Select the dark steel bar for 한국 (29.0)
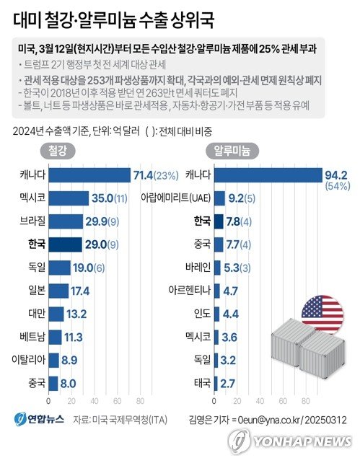[x=65, y=244]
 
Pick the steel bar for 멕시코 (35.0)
[x=69, y=198]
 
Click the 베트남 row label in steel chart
[x=32, y=337]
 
